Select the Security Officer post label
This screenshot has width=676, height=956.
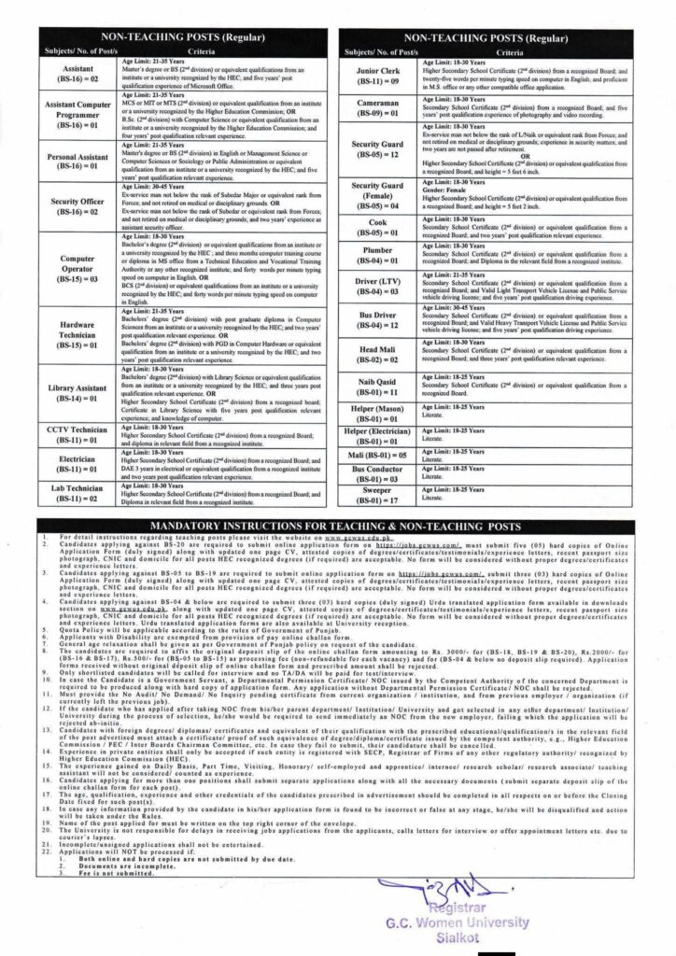(x=77, y=207)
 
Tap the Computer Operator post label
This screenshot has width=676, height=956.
(x=77, y=265)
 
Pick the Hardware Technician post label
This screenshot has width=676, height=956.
(x=77, y=329)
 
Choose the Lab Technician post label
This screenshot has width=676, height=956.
(x=77, y=495)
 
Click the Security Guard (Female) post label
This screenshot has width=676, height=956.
(x=381, y=198)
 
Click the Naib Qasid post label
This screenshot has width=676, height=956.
(x=381, y=387)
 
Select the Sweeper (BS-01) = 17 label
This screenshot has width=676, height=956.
(x=381, y=495)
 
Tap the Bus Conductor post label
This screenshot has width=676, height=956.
(x=381, y=473)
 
